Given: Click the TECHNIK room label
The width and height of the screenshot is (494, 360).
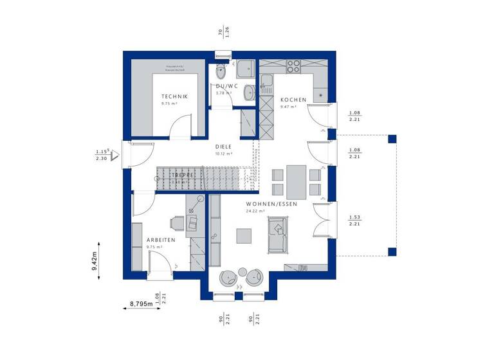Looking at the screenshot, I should click(174, 97).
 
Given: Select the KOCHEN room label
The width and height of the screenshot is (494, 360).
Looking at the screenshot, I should click(292, 99).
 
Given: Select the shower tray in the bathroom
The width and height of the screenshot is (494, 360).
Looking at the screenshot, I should click(245, 70).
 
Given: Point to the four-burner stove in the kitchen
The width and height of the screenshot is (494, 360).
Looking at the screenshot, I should click(293, 66).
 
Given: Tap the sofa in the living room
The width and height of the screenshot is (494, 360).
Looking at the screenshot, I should click(278, 235).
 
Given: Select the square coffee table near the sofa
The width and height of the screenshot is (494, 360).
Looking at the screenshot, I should click(244, 237).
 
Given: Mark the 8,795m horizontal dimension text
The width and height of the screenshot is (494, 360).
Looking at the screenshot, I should click(141, 303).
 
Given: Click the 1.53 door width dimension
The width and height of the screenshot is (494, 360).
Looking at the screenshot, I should click(354, 217).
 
